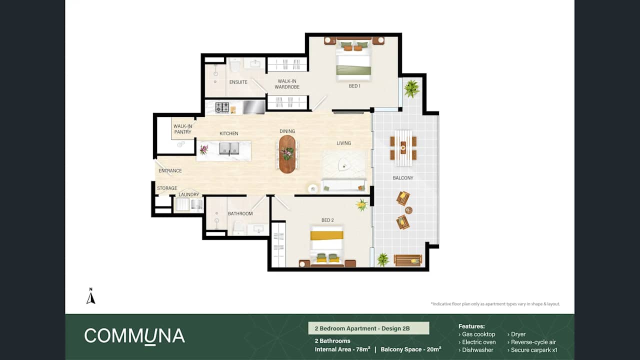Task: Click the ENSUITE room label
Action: tap(238, 82)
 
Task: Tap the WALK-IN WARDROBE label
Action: tap(287, 84)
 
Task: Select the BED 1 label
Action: tap(354, 86)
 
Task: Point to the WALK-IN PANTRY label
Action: tap(182, 129)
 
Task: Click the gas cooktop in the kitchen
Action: tap(222, 107)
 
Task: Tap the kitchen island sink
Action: tap(229, 148)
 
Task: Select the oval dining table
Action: tap(287, 154)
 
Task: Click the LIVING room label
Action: tap(343, 143)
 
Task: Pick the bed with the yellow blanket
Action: tap(326, 244)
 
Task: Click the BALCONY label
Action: tap(403, 177)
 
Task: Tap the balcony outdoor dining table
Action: tap(403, 148)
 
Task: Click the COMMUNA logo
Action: tap(134, 336)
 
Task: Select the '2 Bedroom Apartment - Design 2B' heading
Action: tap(368, 328)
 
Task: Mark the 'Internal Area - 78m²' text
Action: tap(342, 349)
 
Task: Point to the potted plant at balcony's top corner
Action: tap(411, 88)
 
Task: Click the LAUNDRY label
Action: tap(189, 194)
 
